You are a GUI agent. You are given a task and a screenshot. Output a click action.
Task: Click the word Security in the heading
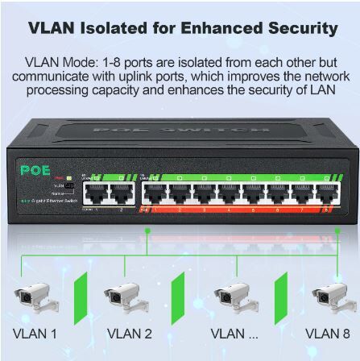click(x=303, y=28)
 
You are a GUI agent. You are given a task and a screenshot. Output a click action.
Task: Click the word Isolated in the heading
click(x=114, y=28)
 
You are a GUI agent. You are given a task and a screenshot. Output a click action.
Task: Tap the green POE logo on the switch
click(x=35, y=170)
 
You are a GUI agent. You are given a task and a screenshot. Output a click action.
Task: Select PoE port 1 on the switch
click(x=154, y=193)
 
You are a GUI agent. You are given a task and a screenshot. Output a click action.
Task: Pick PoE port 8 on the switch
click(x=328, y=193)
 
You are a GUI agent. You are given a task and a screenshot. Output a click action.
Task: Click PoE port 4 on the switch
click(x=229, y=193)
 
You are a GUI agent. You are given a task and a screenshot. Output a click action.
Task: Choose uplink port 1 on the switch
click(x=96, y=193)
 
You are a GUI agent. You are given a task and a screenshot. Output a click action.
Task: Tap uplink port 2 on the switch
click(x=122, y=193)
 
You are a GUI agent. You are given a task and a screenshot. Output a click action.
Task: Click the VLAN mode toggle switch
click(x=70, y=185)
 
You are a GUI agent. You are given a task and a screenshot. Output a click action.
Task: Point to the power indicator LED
click(x=68, y=178)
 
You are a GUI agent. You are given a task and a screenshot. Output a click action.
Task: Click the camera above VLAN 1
click(x=36, y=297)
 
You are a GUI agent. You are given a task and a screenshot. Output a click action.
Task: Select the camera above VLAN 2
click(x=126, y=297)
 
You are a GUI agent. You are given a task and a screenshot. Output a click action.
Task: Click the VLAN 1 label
click(x=35, y=334)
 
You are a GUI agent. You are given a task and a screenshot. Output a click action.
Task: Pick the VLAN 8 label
click(x=328, y=334)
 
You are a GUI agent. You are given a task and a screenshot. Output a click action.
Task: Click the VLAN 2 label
click(x=130, y=334)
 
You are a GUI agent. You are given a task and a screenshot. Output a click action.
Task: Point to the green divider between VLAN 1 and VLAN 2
click(x=81, y=298)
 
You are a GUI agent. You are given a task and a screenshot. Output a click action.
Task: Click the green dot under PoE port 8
click(x=337, y=230)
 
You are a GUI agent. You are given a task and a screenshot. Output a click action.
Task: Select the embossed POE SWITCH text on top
click(x=181, y=131)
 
